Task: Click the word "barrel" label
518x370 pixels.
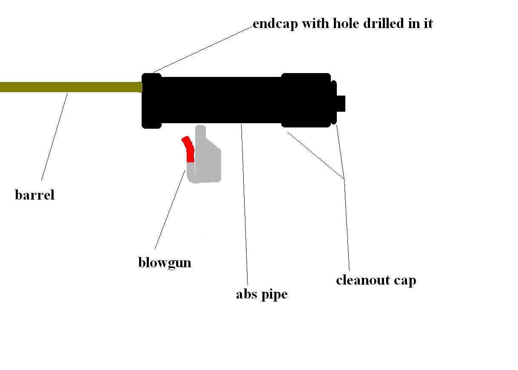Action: pos(34,195)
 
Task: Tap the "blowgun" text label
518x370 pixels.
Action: pos(165,263)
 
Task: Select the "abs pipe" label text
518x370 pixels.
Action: pos(262,294)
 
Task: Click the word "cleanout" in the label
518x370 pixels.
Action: pos(363,280)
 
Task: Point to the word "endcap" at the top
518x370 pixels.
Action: pos(275,23)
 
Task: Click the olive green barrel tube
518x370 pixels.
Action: pos(68,87)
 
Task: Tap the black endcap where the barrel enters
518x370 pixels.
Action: pos(151,100)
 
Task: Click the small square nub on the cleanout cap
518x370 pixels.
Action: pos(341,103)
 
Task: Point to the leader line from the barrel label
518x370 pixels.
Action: pos(54,136)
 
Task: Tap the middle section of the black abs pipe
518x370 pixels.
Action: pos(221,100)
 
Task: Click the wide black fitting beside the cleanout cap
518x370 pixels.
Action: pos(306,100)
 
